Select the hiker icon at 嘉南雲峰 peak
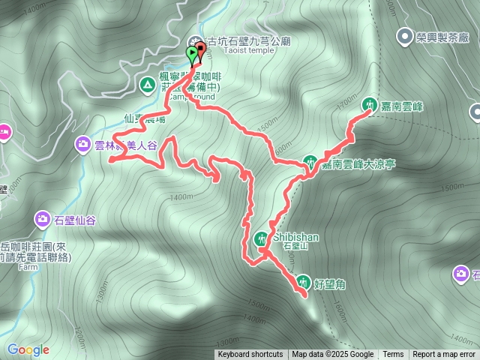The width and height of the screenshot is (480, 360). coord(370,105)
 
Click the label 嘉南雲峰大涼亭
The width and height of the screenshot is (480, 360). coord(358,164)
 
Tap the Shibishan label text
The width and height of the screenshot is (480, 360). coord(295,237)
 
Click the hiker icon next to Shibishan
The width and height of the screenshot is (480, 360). coord(260,238)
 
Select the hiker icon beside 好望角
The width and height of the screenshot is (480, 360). coord(303,282)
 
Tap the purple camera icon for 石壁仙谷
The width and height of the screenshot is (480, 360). coord(42,220)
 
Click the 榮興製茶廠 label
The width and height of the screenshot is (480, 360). coord(442,35)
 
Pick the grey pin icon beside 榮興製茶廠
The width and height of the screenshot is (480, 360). coord(406,35)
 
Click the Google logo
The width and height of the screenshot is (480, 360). coord(28,349)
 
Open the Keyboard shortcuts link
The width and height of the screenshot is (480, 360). coord(250,355)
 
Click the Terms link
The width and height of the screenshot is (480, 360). coord(393,355)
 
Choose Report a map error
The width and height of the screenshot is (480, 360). coord(444,355)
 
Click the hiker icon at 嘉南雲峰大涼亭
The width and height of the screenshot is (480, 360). coord(310,161)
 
